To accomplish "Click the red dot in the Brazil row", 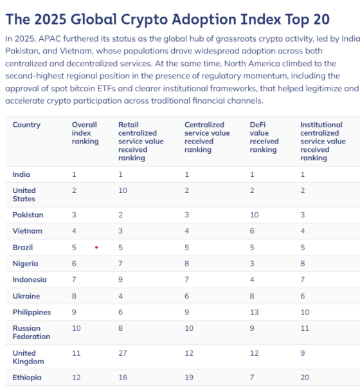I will tap(96, 247).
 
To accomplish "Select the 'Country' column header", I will tap(26, 125).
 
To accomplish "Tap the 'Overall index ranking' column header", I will tap(85, 133).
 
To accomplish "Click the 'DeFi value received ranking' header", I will tap(264, 137).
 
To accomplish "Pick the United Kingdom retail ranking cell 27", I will tap(122, 353).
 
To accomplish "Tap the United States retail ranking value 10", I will tap(122, 190).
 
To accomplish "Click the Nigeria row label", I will tap(25, 264).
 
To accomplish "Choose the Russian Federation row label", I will tap(31, 332).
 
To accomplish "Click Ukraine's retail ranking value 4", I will tap(120, 296).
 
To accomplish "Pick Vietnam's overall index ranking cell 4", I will tap(74, 231).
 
